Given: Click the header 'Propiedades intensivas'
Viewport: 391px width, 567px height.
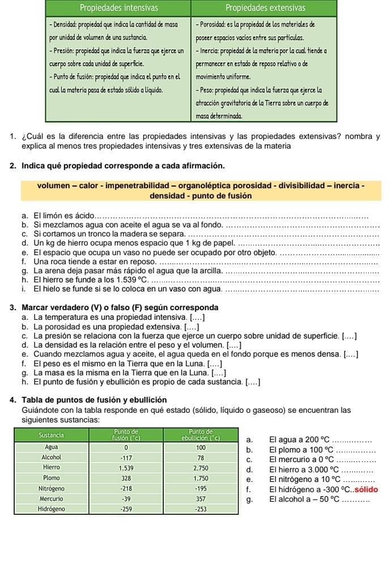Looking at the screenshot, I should pyautogui.click(x=118, y=7).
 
